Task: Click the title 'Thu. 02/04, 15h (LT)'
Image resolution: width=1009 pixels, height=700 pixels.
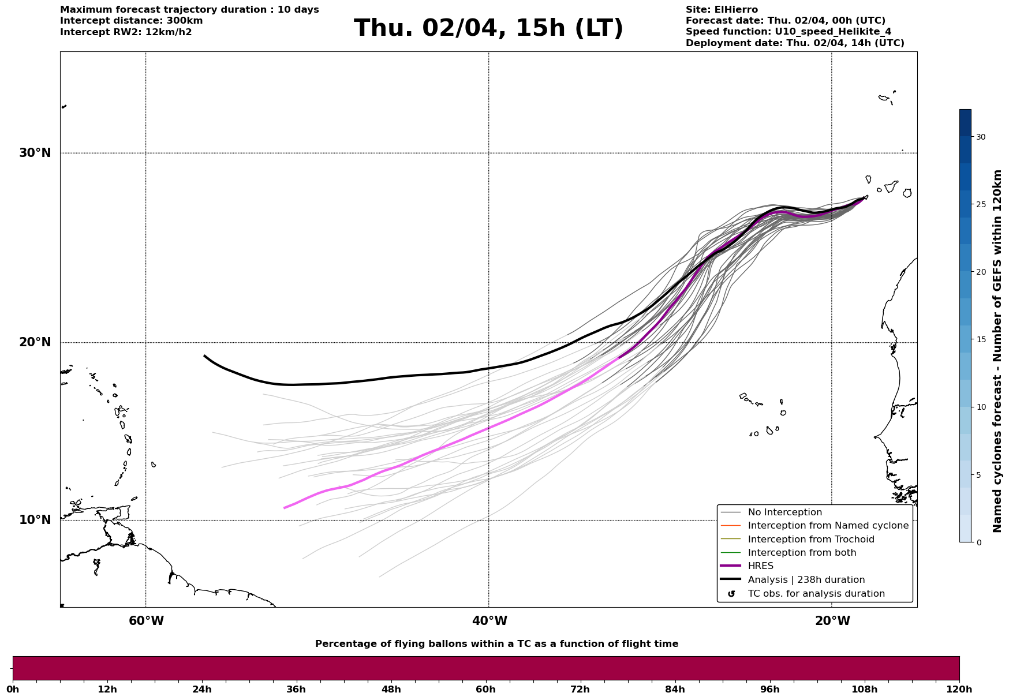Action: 488,28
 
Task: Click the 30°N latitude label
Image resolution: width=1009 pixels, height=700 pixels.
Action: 35,153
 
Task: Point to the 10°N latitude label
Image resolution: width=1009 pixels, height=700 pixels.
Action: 35,520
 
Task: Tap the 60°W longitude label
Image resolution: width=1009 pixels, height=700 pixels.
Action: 146,621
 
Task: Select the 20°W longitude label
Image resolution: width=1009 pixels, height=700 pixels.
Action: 832,621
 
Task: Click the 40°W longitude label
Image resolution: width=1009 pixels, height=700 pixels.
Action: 489,621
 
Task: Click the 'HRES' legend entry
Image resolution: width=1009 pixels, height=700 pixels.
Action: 760,566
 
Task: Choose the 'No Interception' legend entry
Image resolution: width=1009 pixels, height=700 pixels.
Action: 784,512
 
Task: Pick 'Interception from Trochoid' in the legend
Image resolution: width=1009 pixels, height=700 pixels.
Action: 810,540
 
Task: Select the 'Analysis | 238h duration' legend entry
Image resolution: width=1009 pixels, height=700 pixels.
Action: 806,580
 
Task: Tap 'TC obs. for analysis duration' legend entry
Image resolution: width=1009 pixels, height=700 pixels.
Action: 816,594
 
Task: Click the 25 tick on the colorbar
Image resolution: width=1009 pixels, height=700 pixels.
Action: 981,204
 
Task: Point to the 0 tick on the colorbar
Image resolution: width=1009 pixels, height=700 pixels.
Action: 978,542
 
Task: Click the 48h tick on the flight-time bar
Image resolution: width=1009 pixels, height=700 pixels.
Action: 391,689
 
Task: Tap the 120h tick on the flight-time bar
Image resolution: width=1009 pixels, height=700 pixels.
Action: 959,689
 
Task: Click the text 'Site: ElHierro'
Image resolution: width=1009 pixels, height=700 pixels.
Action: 722,10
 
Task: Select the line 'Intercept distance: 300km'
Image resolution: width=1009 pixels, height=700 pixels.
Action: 131,21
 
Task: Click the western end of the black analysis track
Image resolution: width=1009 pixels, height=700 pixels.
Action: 205,356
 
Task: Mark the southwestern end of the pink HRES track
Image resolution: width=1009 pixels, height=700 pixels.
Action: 285,508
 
